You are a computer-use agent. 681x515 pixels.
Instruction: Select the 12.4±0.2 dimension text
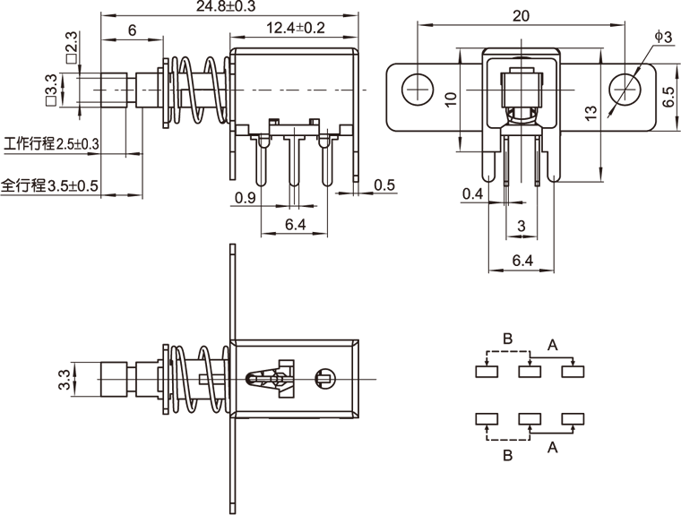pos(297,29)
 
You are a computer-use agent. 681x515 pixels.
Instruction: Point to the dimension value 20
pos(520,15)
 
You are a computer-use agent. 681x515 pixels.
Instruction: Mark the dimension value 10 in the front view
pos(451,99)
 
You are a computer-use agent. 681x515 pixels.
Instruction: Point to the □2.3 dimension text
pos(70,43)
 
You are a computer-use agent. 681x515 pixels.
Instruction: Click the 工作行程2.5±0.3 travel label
pos(51,143)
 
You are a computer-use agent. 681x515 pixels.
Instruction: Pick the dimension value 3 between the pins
pos(521,227)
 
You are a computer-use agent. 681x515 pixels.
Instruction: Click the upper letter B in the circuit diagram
pos(507,339)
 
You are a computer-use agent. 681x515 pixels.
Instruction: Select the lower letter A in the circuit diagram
pos(553,446)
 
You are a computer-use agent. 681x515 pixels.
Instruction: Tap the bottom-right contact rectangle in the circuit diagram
pos(571,418)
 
